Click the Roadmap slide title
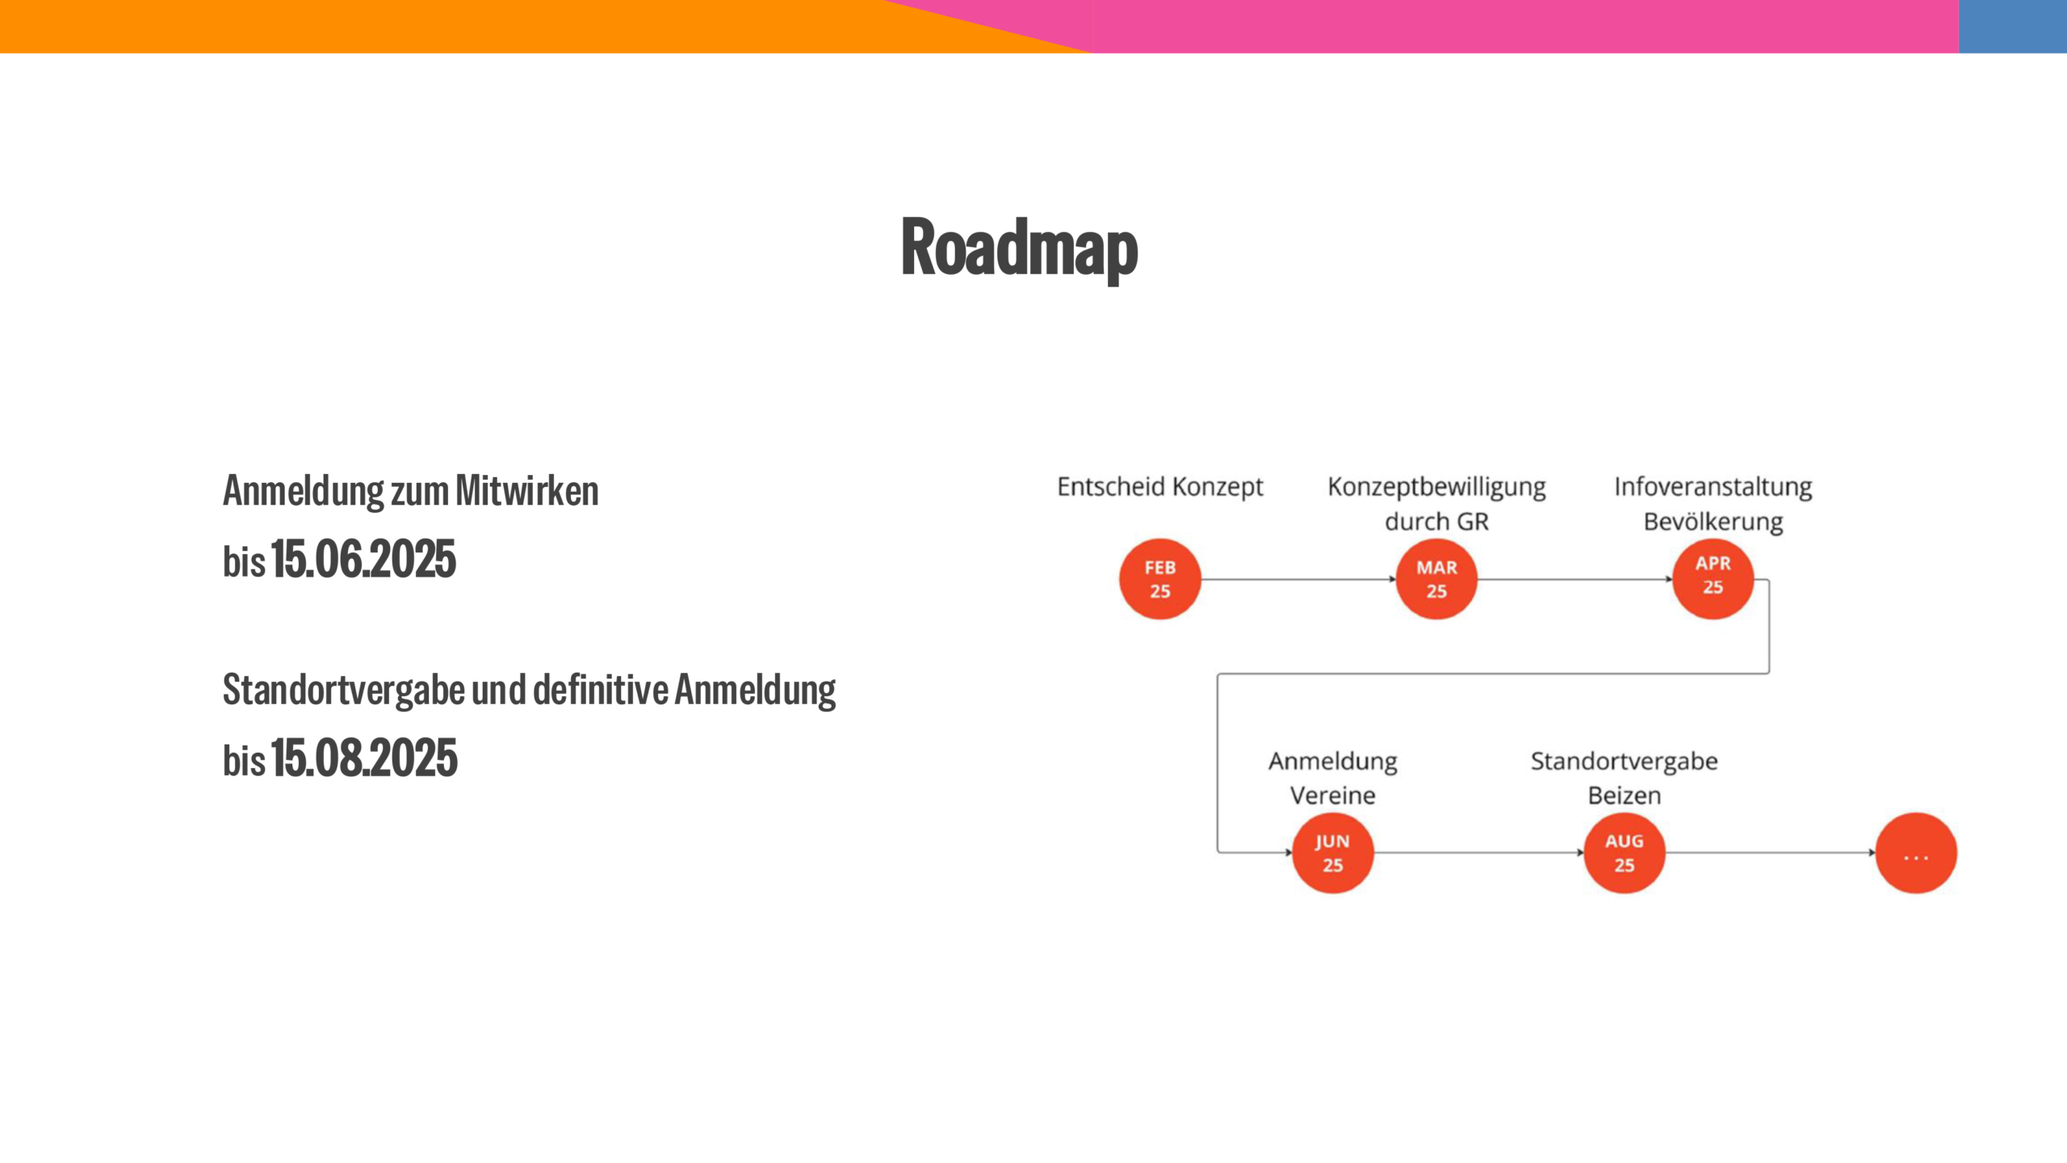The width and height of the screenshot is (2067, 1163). click(1019, 249)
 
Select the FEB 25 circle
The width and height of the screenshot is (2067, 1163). click(1159, 579)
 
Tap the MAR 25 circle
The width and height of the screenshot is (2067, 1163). click(1436, 579)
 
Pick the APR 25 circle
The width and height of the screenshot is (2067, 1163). click(1713, 578)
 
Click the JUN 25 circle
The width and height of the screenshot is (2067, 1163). click(1332, 853)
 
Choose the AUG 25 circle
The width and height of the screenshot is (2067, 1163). click(1624, 853)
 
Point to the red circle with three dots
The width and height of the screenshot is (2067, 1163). click(1916, 853)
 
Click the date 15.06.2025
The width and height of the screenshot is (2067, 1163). click(363, 559)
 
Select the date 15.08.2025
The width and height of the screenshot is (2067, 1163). click(364, 758)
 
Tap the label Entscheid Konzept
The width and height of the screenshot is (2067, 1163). click(1160, 487)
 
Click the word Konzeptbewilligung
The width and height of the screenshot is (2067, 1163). click(1436, 487)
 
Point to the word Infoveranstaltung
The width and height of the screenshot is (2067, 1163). click(1713, 487)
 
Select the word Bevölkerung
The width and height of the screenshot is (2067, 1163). click(1713, 522)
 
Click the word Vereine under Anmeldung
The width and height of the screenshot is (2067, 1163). click(1332, 796)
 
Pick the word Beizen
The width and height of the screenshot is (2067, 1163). click(1624, 796)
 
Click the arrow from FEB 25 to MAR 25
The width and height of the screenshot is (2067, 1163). click(1298, 579)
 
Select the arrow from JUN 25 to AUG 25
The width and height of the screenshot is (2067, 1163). click(1478, 853)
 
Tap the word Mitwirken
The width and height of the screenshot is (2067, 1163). click(526, 491)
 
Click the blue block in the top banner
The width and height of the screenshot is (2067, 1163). click(2012, 27)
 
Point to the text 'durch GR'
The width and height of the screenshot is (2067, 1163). click(1436, 522)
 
